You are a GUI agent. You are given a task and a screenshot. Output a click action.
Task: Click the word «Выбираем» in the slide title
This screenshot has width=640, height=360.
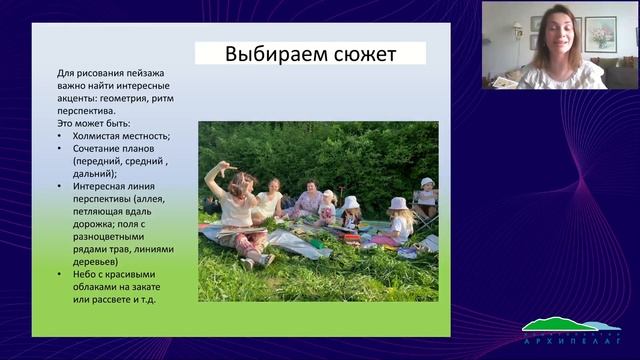pyautogui.click(x=262, y=53)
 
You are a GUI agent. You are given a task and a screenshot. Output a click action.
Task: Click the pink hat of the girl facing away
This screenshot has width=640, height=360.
pyautogui.click(x=398, y=204)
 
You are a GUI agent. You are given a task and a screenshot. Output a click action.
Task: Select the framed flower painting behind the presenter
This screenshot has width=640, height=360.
pyautogui.click(x=600, y=33)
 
